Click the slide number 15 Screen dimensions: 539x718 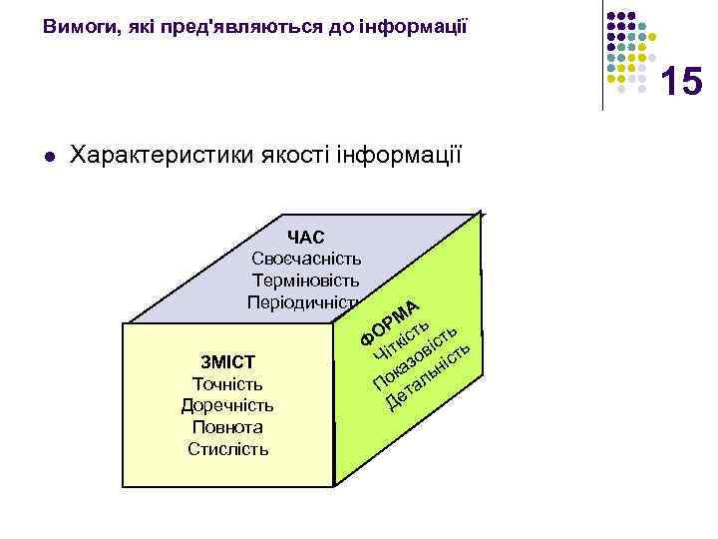[x=681, y=81]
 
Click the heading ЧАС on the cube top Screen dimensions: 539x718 [x=305, y=237]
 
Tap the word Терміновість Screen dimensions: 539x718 [x=306, y=280]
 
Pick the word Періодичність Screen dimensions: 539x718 [x=304, y=302]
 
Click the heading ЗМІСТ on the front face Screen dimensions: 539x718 [x=227, y=361]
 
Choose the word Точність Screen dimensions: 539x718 [x=227, y=383]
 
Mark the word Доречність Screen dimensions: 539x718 [x=227, y=405]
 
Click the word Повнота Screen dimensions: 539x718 [x=227, y=427]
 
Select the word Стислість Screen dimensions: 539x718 [x=227, y=449]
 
